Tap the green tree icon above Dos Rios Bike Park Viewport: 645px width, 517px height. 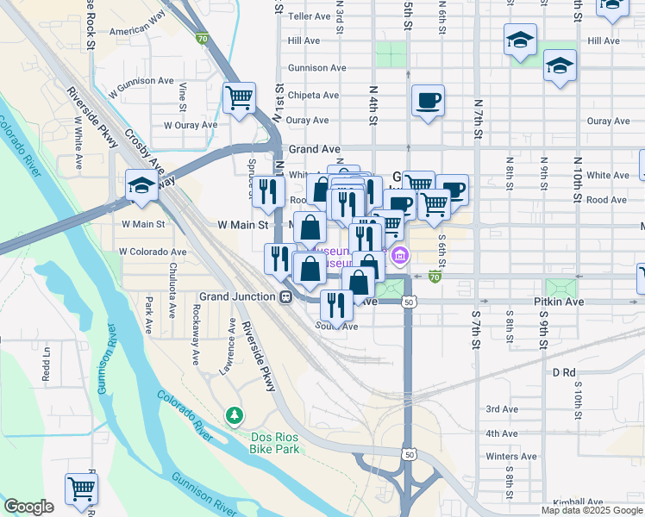point(234,417)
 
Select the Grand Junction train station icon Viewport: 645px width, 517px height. point(284,296)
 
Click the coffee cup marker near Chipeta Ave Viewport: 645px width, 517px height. point(428,101)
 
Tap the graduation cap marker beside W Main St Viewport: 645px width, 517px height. point(141,185)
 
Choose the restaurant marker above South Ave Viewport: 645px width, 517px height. point(335,304)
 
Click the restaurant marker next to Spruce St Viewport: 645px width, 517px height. point(268,190)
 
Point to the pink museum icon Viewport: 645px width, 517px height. point(398,255)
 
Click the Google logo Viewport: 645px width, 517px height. point(28,507)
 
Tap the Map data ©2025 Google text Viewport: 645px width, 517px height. point(592,510)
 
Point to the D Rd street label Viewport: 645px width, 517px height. point(563,372)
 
